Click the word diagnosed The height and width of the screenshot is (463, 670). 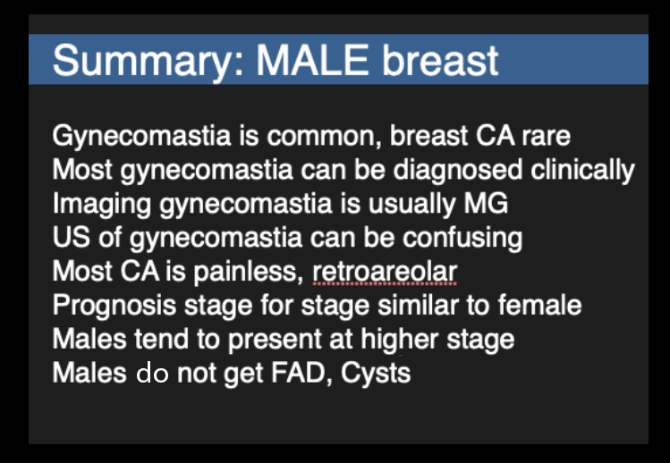pyautogui.click(x=458, y=170)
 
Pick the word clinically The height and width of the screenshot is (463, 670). pyautogui.click(x=582, y=170)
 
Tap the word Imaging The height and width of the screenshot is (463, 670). pyautogui.click(x=101, y=204)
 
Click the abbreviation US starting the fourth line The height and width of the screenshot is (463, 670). pyautogui.click(x=72, y=237)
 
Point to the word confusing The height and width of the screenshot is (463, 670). pyautogui.click(x=462, y=238)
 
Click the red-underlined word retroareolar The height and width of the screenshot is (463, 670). pyautogui.click(x=385, y=272)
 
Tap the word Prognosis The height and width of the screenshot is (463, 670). pyautogui.click(x=114, y=306)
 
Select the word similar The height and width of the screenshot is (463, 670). pyautogui.click(x=419, y=305)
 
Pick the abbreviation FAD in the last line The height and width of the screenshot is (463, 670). pyautogui.click(x=301, y=373)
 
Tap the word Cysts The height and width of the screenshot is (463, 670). pyautogui.click(x=376, y=374)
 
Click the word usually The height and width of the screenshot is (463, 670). pyautogui.click(x=411, y=204)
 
